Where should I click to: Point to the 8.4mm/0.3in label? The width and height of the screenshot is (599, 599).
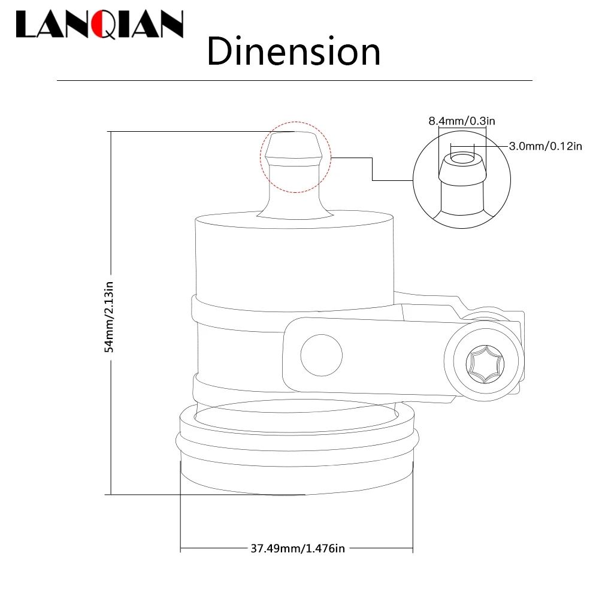point(461,122)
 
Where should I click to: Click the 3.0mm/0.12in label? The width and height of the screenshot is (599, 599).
point(544,146)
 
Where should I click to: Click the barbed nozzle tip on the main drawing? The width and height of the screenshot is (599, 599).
point(294,147)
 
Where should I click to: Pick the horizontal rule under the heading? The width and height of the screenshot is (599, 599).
point(294,80)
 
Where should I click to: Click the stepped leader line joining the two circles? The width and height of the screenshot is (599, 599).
point(373,169)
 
